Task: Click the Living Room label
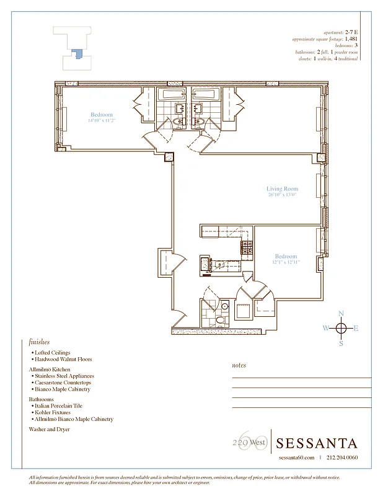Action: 282,188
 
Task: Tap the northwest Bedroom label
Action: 102,115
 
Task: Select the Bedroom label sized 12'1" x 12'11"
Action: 286,256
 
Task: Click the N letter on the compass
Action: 341,314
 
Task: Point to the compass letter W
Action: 326,329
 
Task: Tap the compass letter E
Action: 356,329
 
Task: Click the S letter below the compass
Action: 341,343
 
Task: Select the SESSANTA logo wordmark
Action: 317,443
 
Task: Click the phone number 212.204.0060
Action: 341,458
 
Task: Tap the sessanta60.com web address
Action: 297,458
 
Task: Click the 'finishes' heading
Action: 39,342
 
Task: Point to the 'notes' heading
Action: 239,366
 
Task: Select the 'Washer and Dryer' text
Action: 49,428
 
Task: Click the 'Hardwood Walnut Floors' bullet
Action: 63,359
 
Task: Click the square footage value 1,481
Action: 351,38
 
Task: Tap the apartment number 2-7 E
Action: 351,32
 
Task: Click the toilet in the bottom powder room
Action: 221,320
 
